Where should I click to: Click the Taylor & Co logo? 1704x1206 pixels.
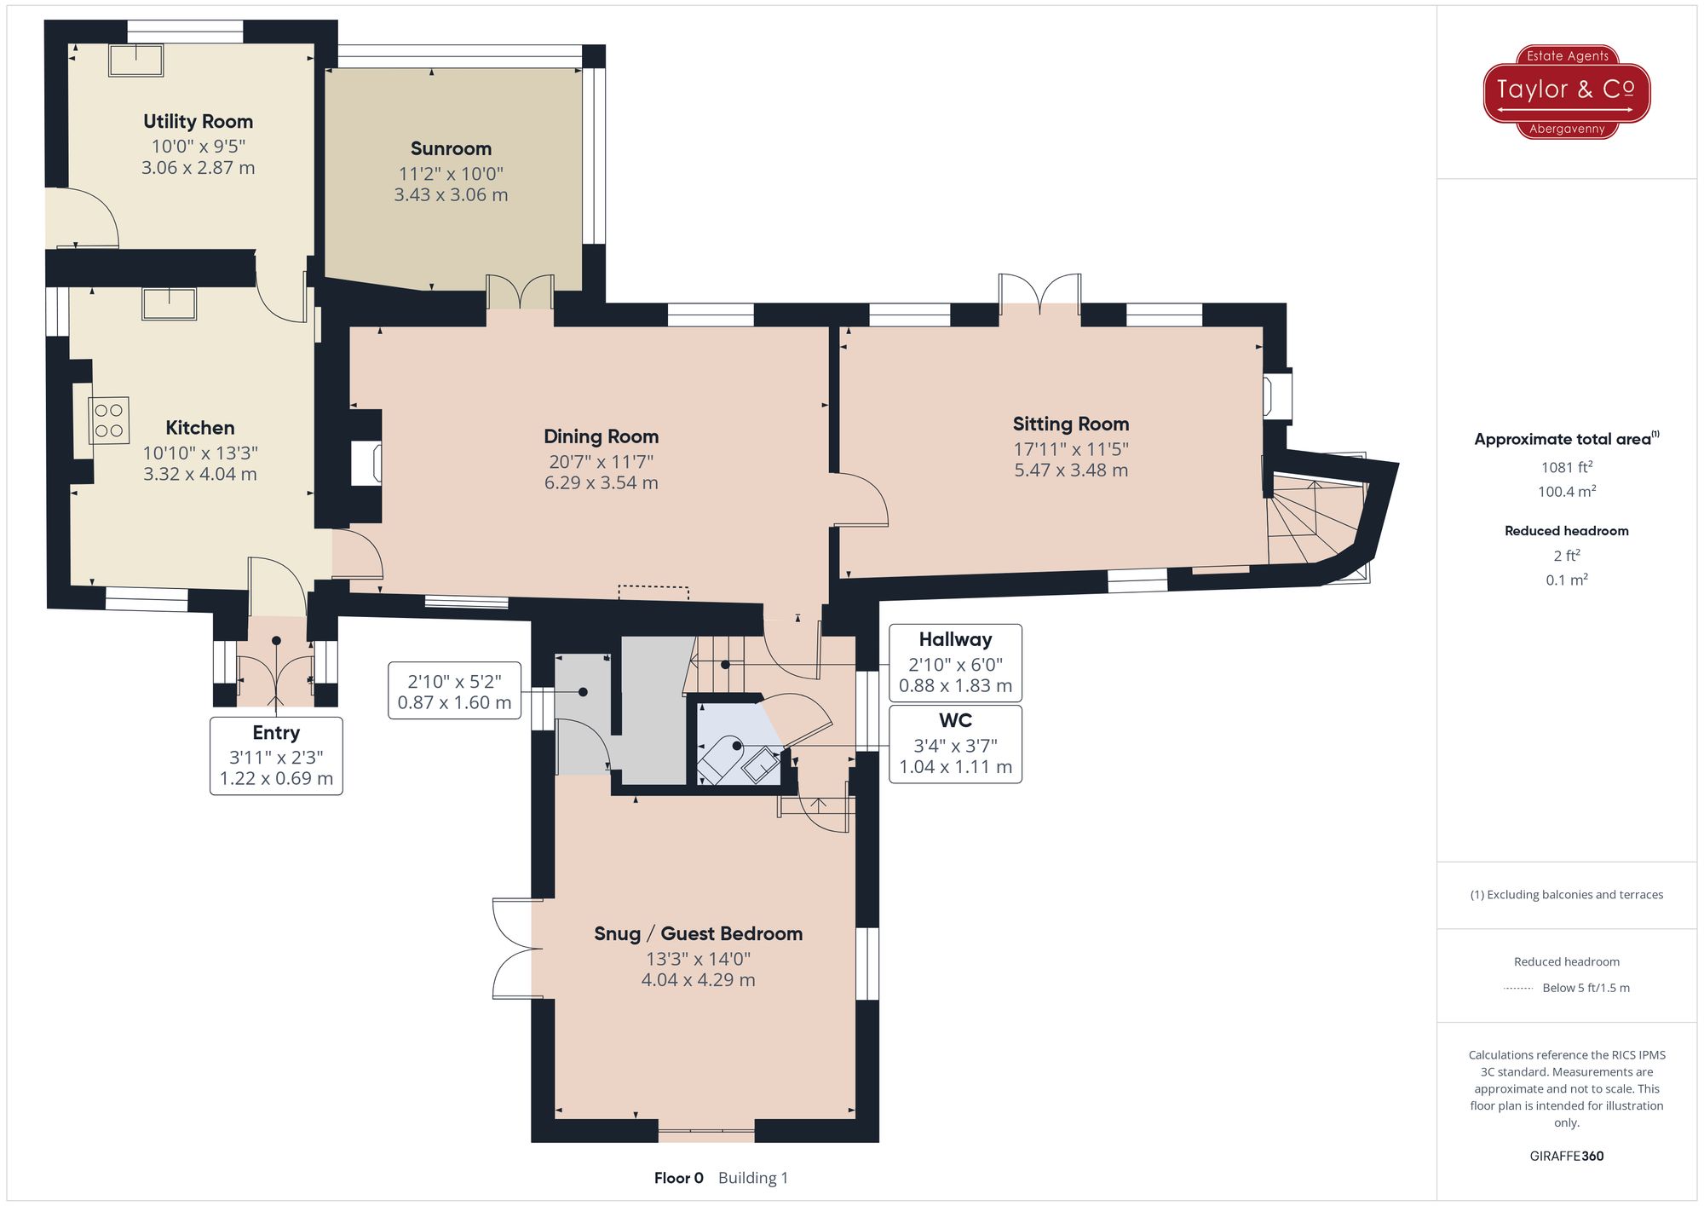(x=1566, y=91)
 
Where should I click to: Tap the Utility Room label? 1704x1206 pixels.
(x=198, y=121)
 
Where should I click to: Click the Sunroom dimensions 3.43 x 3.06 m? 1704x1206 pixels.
(x=451, y=195)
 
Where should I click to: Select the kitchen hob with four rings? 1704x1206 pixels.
(x=109, y=420)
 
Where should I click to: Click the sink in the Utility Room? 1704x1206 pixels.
(x=136, y=60)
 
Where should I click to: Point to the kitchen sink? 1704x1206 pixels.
(x=170, y=303)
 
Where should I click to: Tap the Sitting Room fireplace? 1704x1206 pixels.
(x=1278, y=395)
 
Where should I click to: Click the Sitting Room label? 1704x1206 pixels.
(x=1070, y=424)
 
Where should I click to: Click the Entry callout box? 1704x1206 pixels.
(x=276, y=756)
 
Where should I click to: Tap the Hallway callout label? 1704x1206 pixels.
(x=955, y=640)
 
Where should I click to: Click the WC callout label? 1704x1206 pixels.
(x=955, y=721)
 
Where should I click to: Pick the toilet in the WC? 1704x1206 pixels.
(x=721, y=759)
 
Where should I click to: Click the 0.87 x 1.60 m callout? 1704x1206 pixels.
(x=454, y=691)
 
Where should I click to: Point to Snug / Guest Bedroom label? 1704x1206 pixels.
(x=698, y=933)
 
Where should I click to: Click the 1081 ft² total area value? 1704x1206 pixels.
(x=1566, y=467)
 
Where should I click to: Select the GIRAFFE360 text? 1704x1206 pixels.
(x=1566, y=1156)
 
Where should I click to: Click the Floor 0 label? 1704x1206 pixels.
(x=678, y=1178)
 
